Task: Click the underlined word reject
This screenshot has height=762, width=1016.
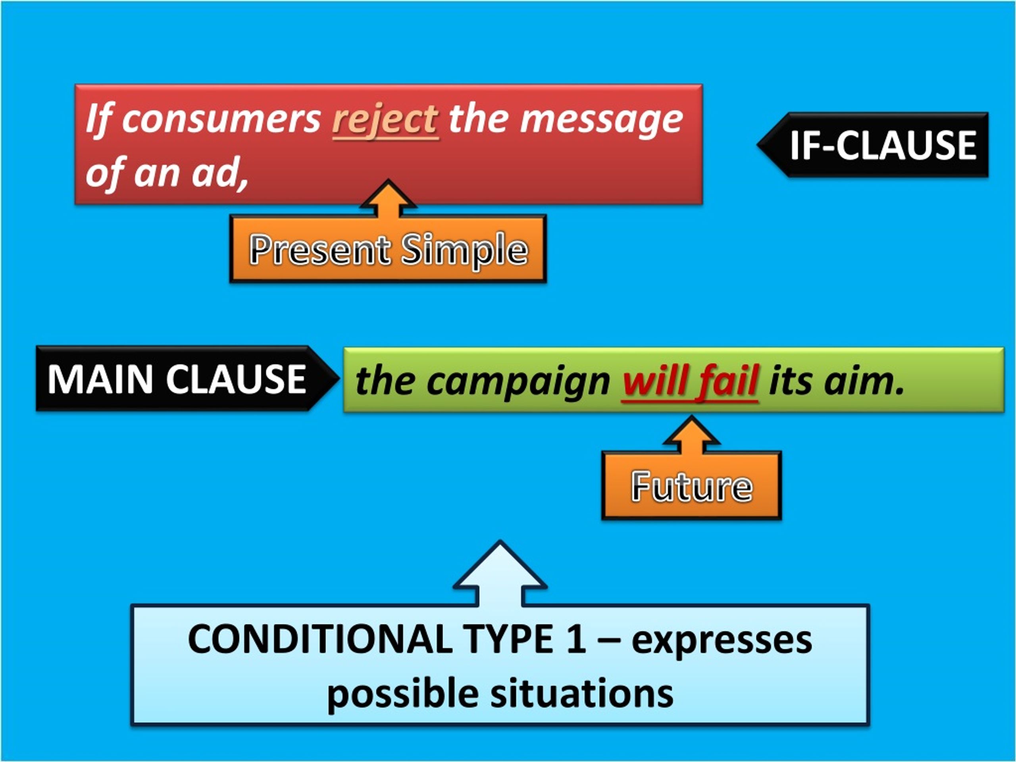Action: pos(385,120)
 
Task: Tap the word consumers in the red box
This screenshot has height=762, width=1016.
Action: pos(221,119)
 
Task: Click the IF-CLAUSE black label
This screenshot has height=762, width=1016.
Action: pos(873,145)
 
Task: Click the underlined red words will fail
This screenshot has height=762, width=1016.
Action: pos(689,381)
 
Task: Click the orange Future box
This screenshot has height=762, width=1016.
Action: pos(692,486)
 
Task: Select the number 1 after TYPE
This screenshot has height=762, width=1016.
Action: pos(576,639)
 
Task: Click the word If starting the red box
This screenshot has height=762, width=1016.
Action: pos(99,119)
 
